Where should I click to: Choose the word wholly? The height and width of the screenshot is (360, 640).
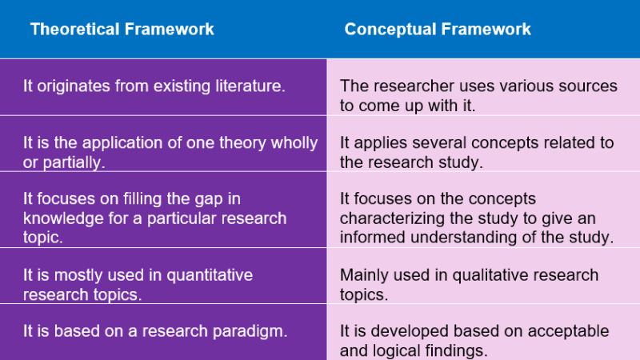pyautogui.click(x=294, y=143)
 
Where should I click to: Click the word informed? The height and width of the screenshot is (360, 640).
pyautogui.click(x=375, y=237)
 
